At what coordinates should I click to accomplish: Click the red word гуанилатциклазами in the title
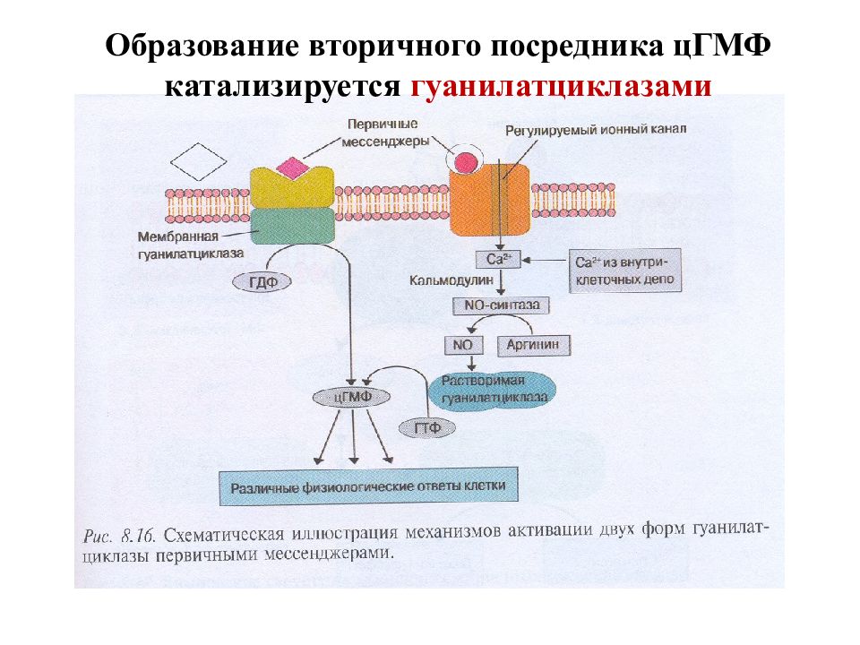[561, 86]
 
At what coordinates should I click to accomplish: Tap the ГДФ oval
[262, 282]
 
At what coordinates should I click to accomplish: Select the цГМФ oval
[351, 397]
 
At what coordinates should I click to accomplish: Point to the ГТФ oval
[426, 428]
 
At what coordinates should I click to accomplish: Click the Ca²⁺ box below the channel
[497, 260]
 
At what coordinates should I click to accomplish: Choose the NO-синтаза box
[501, 305]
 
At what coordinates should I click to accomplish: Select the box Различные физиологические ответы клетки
[368, 486]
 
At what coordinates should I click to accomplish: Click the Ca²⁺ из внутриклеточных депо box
[624, 271]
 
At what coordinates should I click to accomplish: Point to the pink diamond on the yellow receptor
[292, 168]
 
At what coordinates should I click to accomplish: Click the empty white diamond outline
[198, 162]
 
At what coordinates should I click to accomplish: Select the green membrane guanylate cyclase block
[293, 226]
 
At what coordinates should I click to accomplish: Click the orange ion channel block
[490, 200]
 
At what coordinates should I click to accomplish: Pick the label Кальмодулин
[451, 280]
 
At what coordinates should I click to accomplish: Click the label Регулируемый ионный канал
[596, 130]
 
